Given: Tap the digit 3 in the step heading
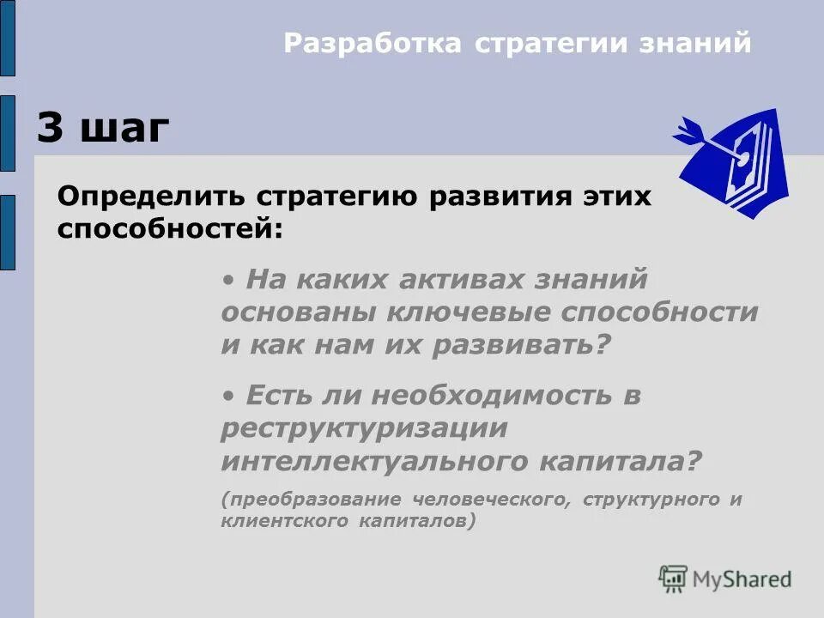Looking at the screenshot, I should [51, 129].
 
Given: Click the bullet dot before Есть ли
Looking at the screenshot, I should [227, 396].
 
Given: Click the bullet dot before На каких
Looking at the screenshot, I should [227, 279].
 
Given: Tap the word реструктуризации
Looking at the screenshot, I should [364, 428].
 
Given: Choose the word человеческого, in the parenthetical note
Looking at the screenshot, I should [491, 500].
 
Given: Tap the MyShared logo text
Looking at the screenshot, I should [742, 579].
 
